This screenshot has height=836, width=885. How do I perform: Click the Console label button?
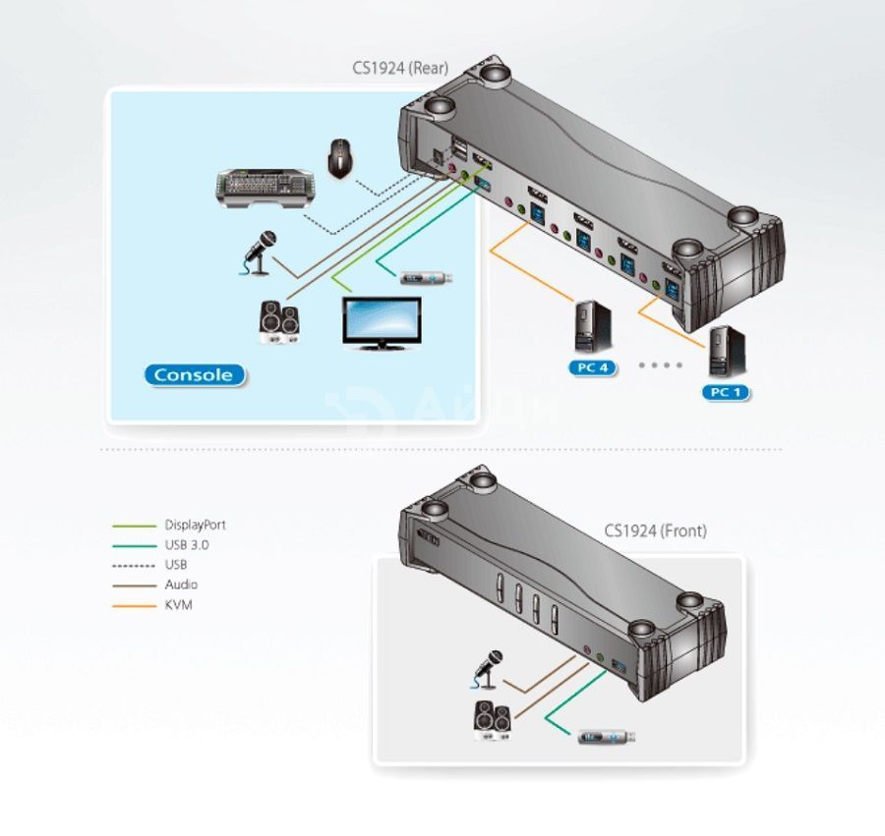pyautogui.click(x=195, y=375)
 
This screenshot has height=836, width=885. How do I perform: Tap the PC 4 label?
pyautogui.click(x=593, y=368)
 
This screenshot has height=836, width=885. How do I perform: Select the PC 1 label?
pyautogui.click(x=726, y=392)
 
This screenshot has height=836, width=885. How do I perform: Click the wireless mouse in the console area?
pyautogui.click(x=341, y=159)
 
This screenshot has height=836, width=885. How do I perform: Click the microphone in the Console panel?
pyautogui.click(x=260, y=253)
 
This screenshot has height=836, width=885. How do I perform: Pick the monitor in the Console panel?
pyautogui.click(x=383, y=323)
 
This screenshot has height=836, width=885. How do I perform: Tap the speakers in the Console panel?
pyautogui.click(x=279, y=322)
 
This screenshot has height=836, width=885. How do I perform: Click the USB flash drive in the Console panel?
pyautogui.click(x=426, y=278)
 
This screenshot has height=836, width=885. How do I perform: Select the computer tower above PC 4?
pyautogui.click(x=593, y=327)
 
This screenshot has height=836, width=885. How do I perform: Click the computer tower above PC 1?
pyautogui.click(x=727, y=352)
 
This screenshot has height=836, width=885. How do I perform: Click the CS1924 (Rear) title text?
pyautogui.click(x=400, y=68)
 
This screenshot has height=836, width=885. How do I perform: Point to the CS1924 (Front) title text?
pyautogui.click(x=655, y=531)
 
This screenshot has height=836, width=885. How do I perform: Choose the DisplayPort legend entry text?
pyautogui.click(x=196, y=526)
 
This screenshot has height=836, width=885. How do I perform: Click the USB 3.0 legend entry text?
pyautogui.click(x=187, y=545)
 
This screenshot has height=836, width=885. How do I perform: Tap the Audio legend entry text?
pyautogui.click(x=181, y=585)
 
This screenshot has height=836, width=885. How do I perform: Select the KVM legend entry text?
pyautogui.click(x=178, y=605)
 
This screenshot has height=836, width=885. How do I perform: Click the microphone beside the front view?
pyautogui.click(x=486, y=670)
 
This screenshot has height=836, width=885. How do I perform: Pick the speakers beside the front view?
pyautogui.click(x=494, y=720)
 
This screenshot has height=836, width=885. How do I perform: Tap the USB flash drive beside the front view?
pyautogui.click(x=607, y=736)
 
